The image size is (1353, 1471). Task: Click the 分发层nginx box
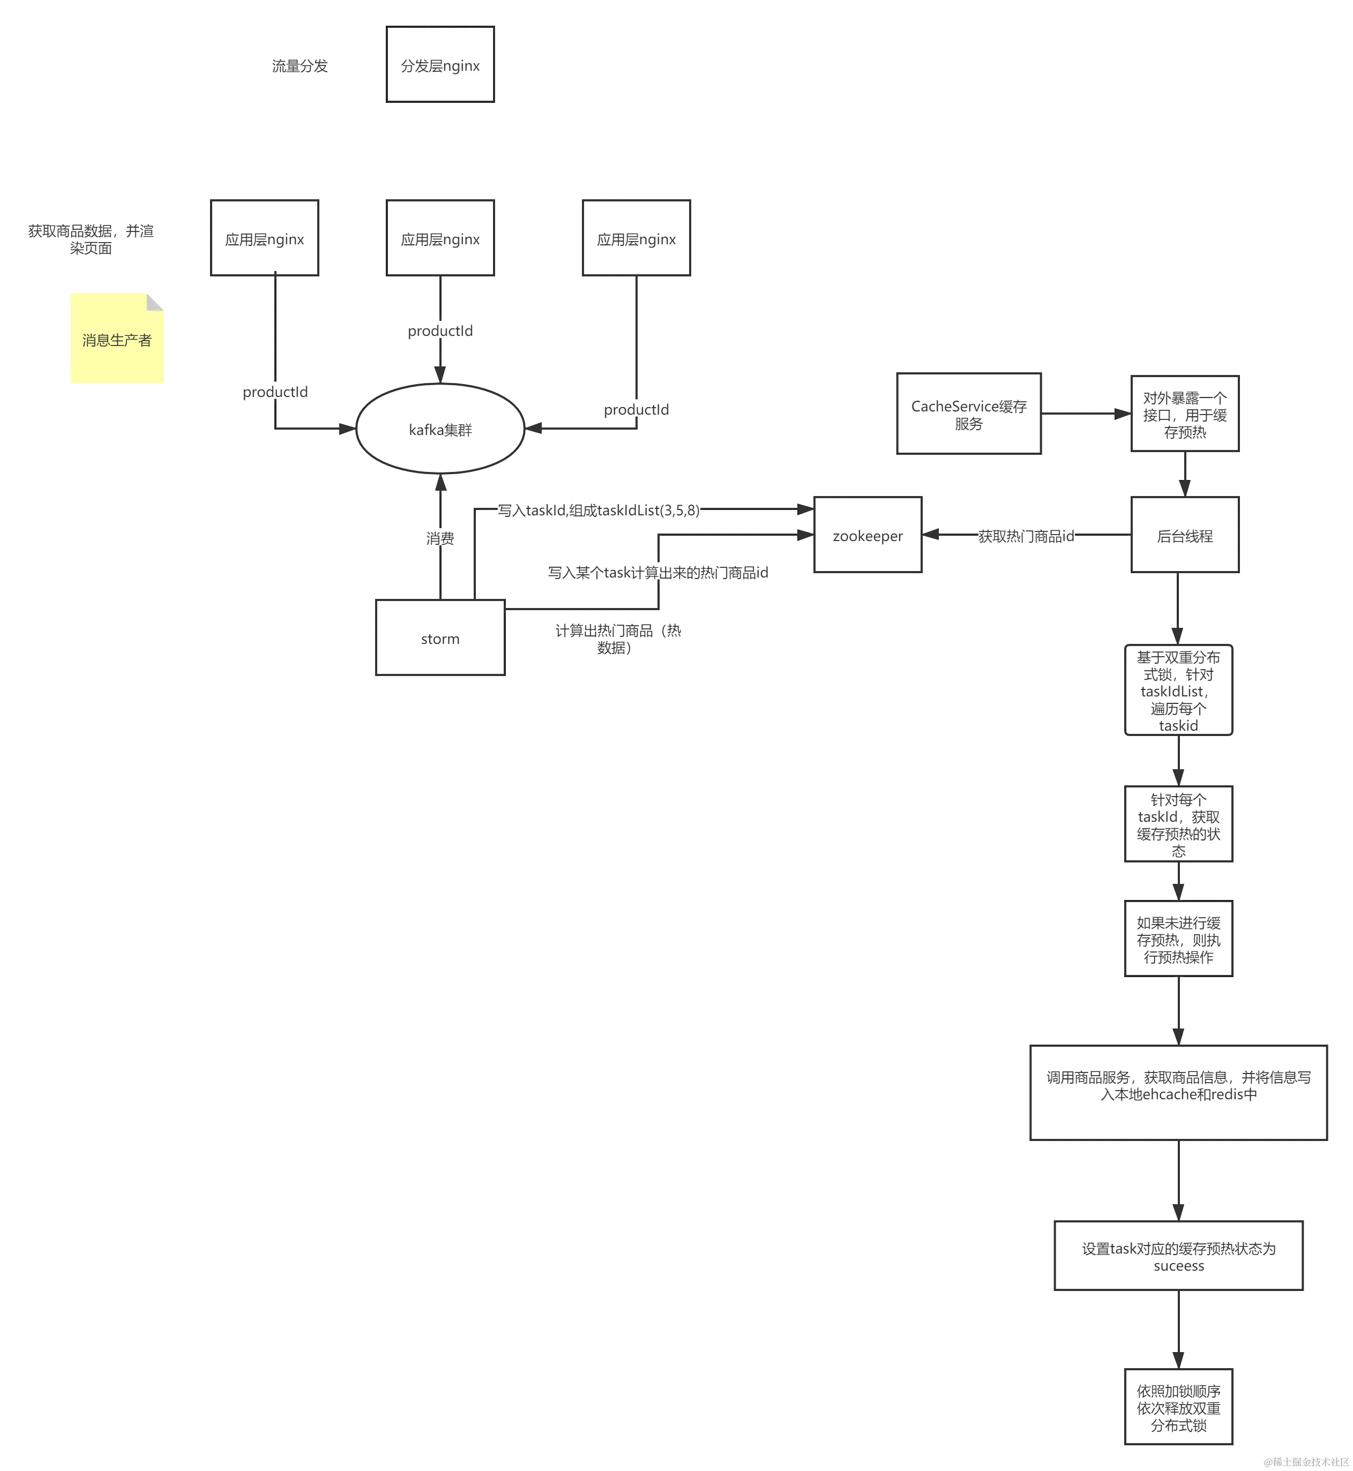click(x=440, y=65)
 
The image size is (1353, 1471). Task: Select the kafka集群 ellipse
click(x=440, y=430)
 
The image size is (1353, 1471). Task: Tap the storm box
click(x=440, y=638)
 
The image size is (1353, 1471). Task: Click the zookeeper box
click(x=868, y=536)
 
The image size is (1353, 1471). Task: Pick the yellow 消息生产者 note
click(x=117, y=340)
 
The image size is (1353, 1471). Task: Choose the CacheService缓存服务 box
click(x=969, y=414)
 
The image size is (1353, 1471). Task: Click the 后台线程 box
click(x=1185, y=536)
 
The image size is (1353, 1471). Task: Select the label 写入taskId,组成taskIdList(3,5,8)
click(x=600, y=510)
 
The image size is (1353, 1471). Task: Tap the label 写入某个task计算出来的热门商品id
click(x=658, y=572)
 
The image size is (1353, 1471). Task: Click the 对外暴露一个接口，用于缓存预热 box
click(x=1185, y=414)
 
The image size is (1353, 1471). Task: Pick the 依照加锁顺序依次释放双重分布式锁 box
click(x=1178, y=1407)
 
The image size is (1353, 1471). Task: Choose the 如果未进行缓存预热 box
click(x=1178, y=940)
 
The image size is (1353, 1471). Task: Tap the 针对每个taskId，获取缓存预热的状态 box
click(x=1178, y=825)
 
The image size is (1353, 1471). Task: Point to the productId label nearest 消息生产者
click(x=274, y=392)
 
